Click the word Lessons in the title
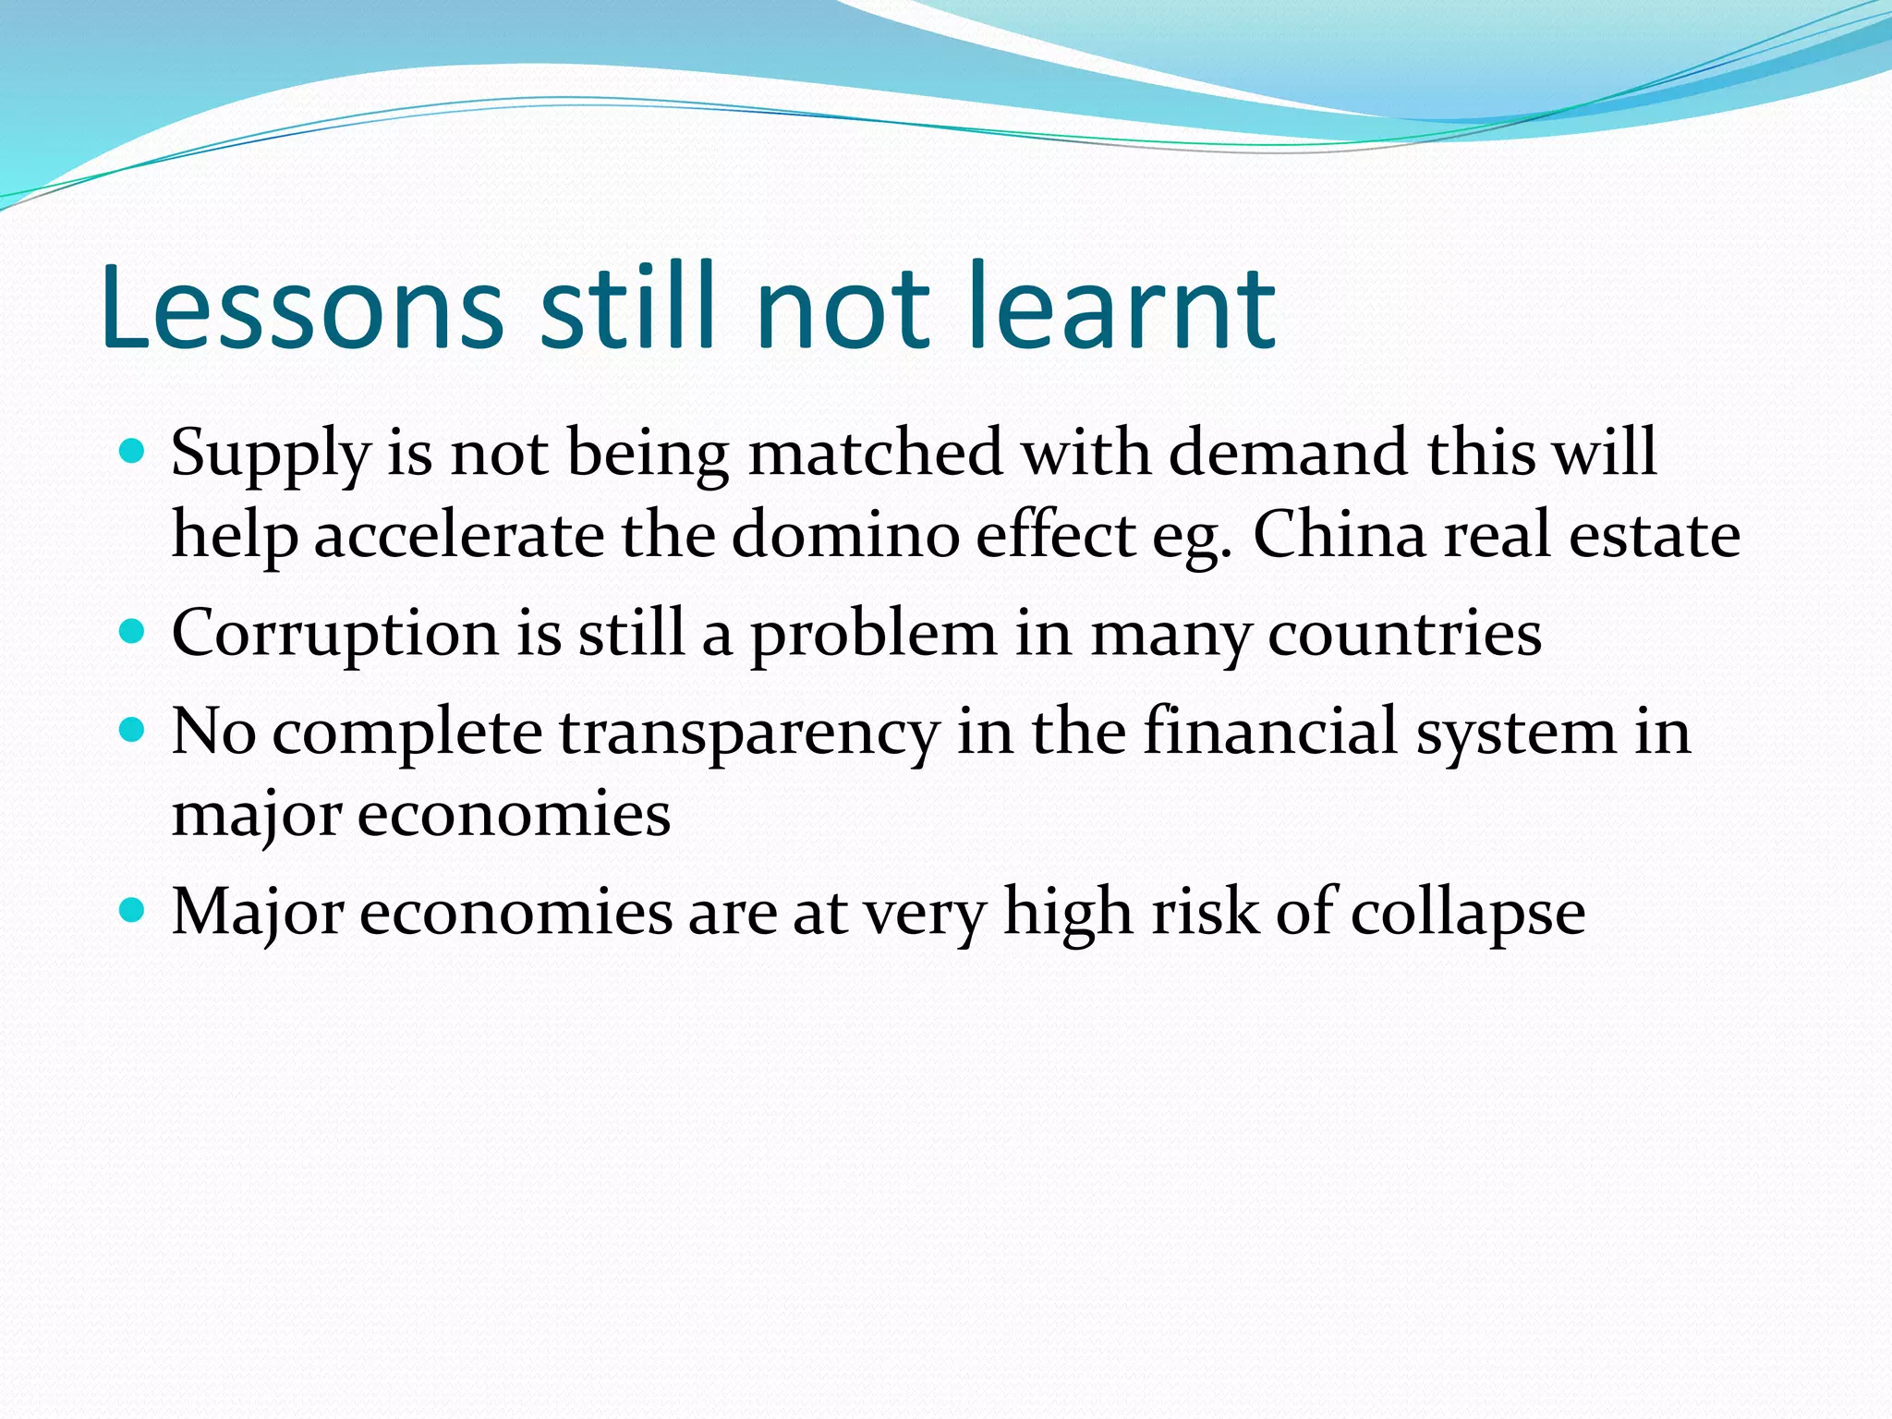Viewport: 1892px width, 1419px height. [x=303, y=307]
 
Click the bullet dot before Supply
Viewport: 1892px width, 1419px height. [x=133, y=451]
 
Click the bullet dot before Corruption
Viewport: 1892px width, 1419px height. [x=133, y=632]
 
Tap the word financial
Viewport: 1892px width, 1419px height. [x=1270, y=732]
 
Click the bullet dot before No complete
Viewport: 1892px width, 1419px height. [x=133, y=731]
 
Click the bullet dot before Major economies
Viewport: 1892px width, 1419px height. [x=133, y=912]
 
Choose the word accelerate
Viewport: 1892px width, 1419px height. [x=459, y=536]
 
